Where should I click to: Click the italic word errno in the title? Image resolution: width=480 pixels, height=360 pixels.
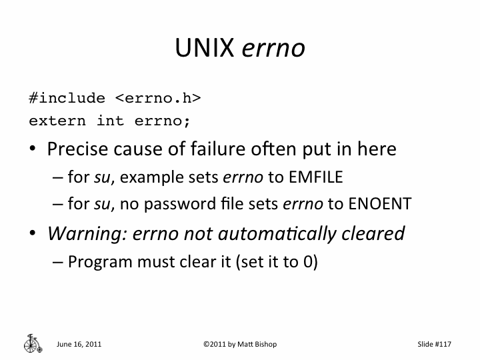point(273,48)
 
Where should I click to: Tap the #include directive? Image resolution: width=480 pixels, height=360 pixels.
point(67,99)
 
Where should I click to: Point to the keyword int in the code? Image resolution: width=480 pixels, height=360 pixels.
point(111,121)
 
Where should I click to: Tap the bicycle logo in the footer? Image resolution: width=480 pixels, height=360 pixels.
point(31,343)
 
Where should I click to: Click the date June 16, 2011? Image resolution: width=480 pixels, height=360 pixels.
point(79,344)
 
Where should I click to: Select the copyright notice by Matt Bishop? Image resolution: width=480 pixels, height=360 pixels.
point(239,344)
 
